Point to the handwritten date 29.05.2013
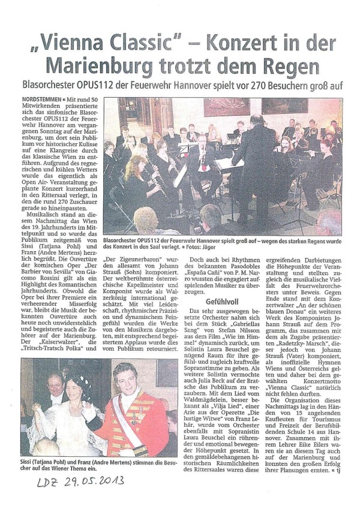point(90,480)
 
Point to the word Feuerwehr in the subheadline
point(164,85)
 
